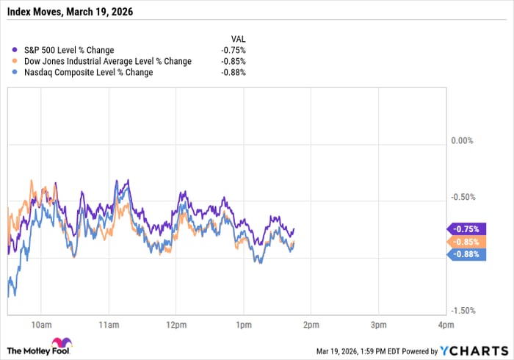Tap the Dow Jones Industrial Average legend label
pyautogui.click(x=103, y=62)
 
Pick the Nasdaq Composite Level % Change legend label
pyautogui.click(x=84, y=73)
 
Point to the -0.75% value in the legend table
pyautogui.click(x=234, y=51)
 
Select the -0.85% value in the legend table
pyautogui.click(x=234, y=62)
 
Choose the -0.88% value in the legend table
pyautogui.click(x=234, y=73)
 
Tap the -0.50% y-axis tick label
pyautogui.click(x=464, y=197)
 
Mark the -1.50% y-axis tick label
pyautogui.click(x=464, y=311)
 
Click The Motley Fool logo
pyautogui.click(x=44, y=346)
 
